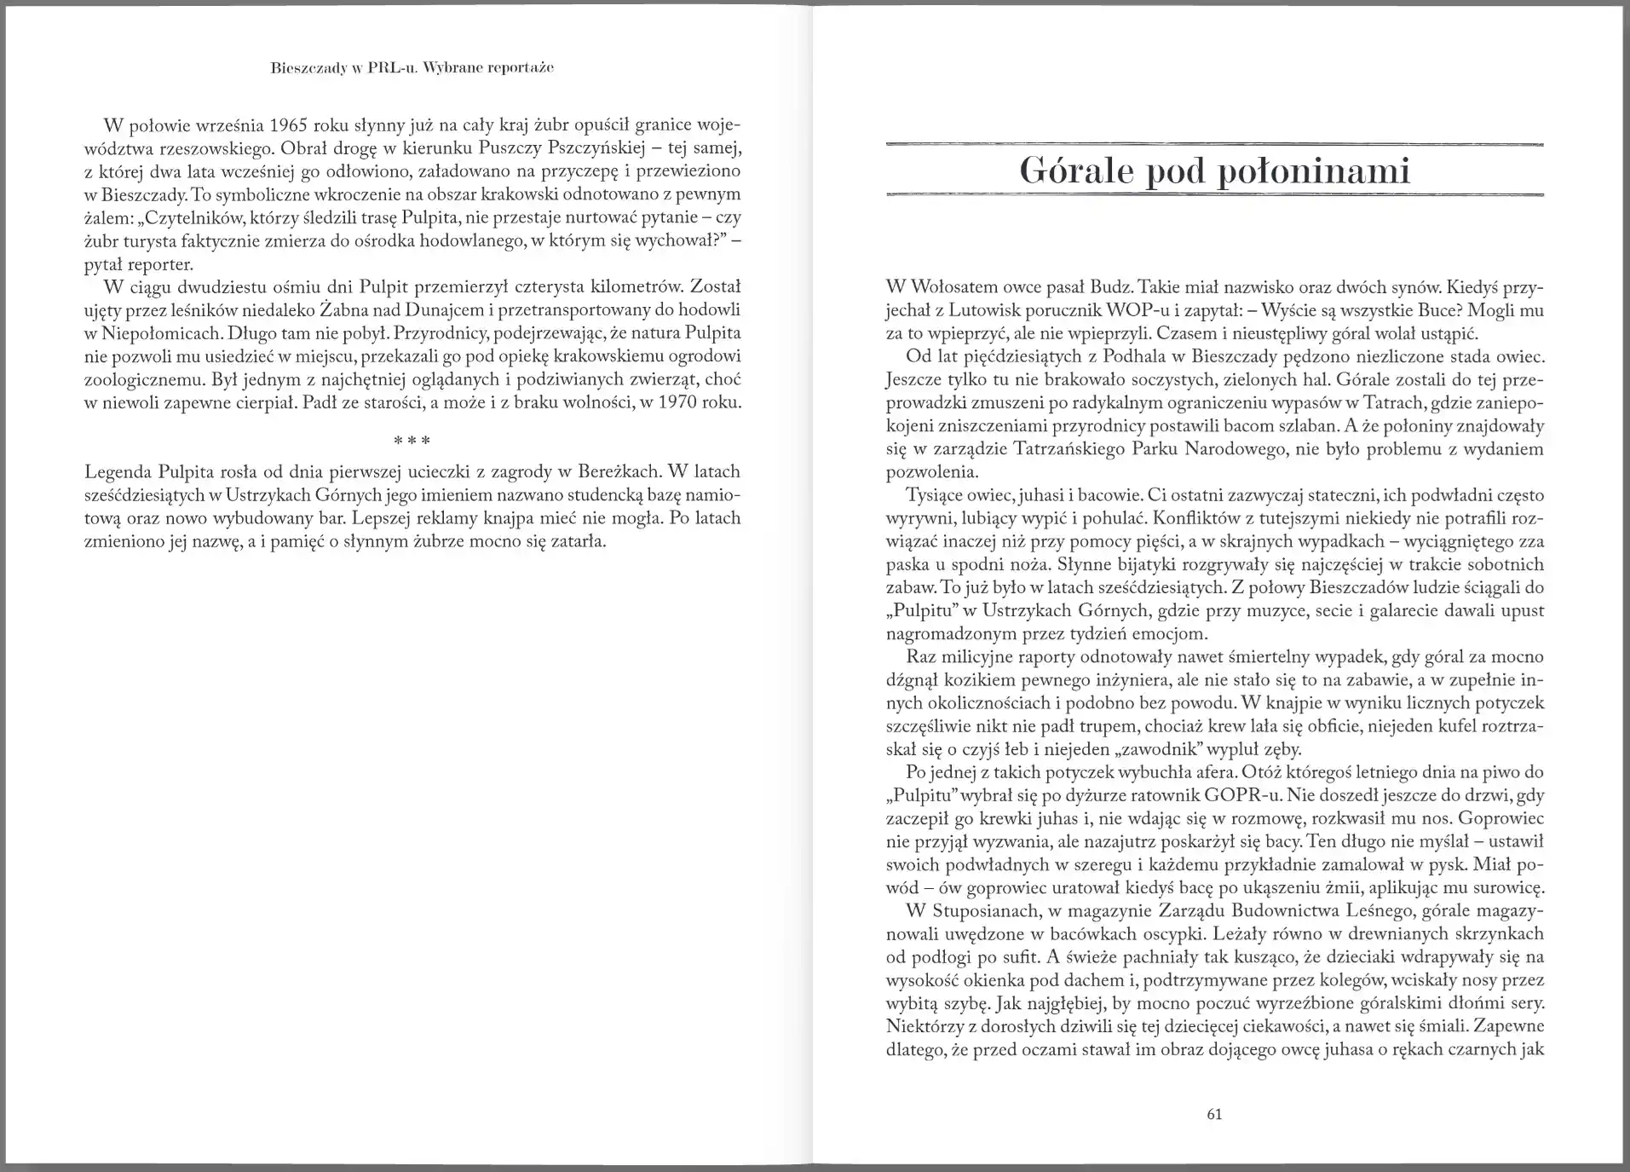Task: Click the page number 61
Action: coord(1215,1114)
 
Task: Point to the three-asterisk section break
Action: coord(412,441)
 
